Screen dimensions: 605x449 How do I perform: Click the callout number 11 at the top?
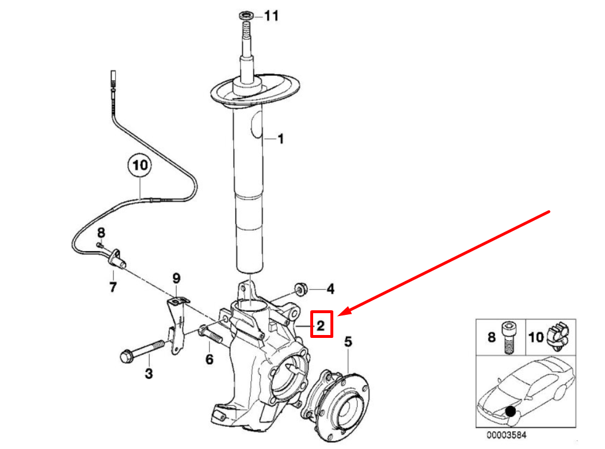pyautogui.click(x=271, y=16)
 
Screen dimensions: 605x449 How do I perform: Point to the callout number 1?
pyautogui.click(x=280, y=139)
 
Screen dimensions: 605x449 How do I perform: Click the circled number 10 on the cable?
pyautogui.click(x=140, y=165)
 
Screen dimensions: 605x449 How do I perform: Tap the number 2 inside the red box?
pyautogui.click(x=321, y=326)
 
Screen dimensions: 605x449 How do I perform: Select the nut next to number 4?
pyautogui.click(x=301, y=289)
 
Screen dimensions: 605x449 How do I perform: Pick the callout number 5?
pyautogui.click(x=348, y=341)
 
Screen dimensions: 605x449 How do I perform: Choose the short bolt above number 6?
pyautogui.click(x=210, y=333)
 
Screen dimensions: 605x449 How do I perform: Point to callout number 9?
pyautogui.click(x=176, y=278)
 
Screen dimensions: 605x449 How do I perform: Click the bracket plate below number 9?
pyautogui.click(x=177, y=325)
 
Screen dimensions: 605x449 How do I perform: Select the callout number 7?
pyautogui.click(x=113, y=287)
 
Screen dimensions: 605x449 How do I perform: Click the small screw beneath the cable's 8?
pyautogui.click(x=100, y=244)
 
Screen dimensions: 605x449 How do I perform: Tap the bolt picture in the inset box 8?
pyautogui.click(x=509, y=338)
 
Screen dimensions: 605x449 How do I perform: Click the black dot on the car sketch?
pyautogui.click(x=511, y=411)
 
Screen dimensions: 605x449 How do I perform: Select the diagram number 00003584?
pyautogui.click(x=506, y=435)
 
